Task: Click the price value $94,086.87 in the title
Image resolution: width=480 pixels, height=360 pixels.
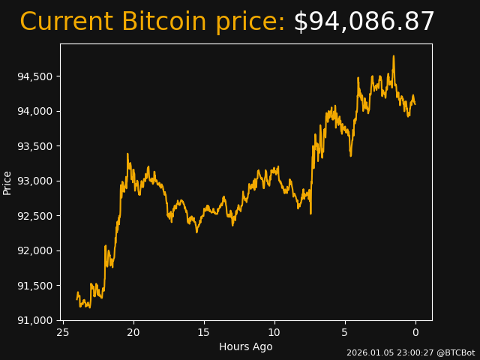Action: click(x=364, y=22)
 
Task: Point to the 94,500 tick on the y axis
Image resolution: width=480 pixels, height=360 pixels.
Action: click(x=34, y=76)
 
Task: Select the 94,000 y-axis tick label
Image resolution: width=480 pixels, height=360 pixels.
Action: click(x=34, y=111)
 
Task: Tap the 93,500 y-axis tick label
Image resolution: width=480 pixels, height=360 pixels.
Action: click(x=34, y=146)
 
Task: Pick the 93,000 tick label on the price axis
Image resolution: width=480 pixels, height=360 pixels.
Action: click(x=34, y=181)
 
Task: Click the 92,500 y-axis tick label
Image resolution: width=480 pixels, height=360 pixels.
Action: click(x=34, y=216)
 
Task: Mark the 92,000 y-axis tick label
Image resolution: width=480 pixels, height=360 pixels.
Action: click(x=34, y=250)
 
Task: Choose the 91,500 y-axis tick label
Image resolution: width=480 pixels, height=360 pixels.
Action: click(x=34, y=286)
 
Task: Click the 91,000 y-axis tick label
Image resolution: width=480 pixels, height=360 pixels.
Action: click(x=34, y=320)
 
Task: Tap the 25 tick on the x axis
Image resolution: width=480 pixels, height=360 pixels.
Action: click(x=63, y=332)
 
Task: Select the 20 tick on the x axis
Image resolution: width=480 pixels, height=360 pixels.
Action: click(x=133, y=332)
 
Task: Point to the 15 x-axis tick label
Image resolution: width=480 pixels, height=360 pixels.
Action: click(x=204, y=332)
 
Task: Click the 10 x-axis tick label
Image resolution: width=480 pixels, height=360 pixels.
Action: click(x=274, y=332)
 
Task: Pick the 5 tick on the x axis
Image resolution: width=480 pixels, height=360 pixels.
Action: click(x=345, y=332)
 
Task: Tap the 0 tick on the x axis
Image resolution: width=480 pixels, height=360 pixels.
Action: click(x=415, y=332)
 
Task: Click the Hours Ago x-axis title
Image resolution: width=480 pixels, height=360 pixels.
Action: click(x=246, y=346)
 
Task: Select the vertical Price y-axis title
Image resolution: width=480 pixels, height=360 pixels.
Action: click(x=7, y=182)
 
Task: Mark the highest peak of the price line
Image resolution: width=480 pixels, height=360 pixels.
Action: click(x=393, y=56)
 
